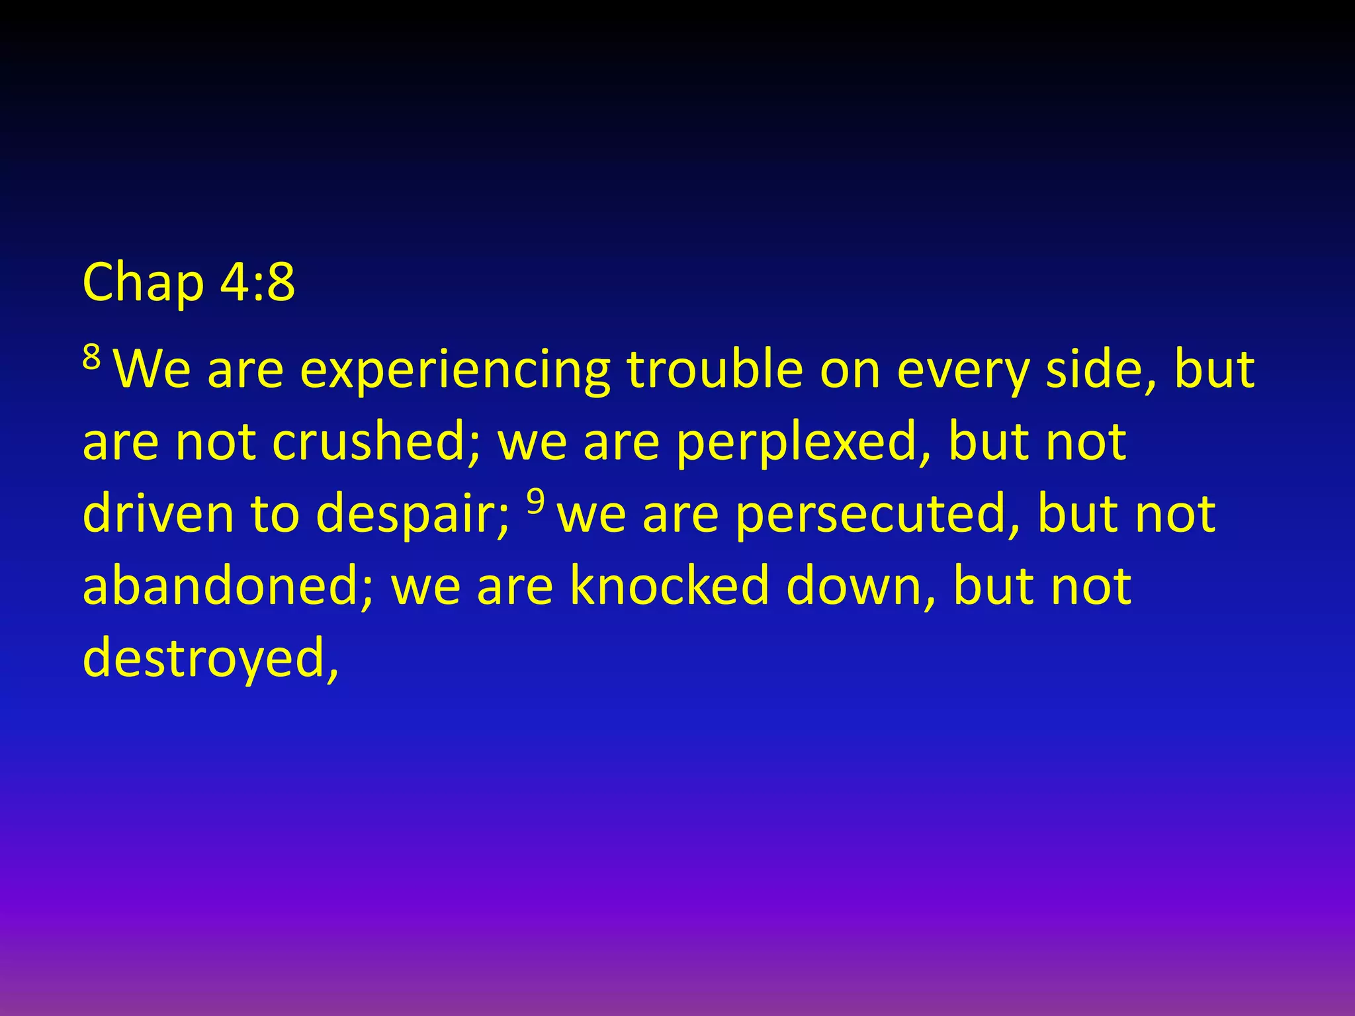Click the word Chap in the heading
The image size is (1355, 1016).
(143, 283)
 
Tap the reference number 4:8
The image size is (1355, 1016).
(257, 282)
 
